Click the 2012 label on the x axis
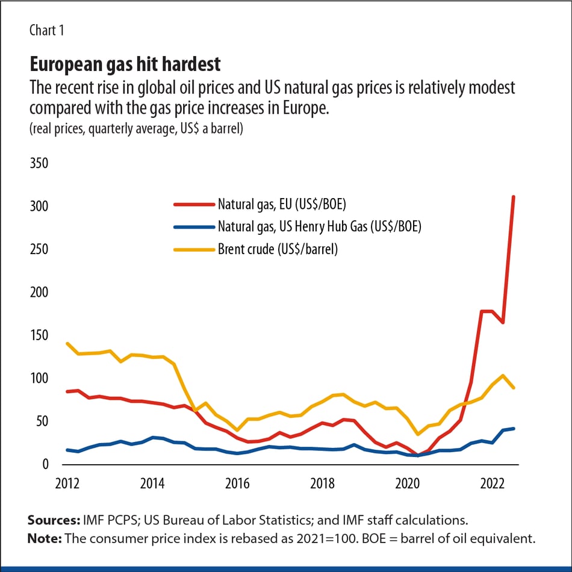[x=67, y=483]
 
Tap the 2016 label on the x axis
[x=237, y=483]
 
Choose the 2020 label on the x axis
[x=408, y=483]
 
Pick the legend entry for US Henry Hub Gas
[x=319, y=226]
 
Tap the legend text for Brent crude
[x=278, y=249]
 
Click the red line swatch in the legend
[x=193, y=204]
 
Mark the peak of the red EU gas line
[x=513, y=197]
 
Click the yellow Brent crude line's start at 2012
[x=67, y=344]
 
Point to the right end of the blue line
[x=513, y=429]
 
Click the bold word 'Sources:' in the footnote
[x=50, y=520]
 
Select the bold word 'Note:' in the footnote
[x=44, y=538]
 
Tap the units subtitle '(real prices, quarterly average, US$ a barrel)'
[x=136, y=129]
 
